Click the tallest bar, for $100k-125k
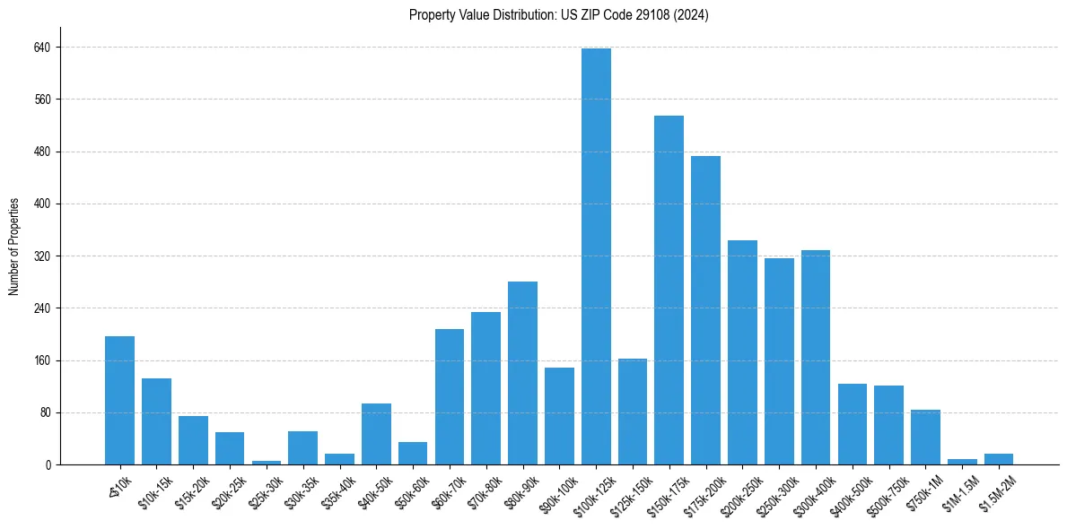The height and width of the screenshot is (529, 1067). tap(596, 256)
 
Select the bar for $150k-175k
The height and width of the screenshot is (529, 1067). tap(669, 291)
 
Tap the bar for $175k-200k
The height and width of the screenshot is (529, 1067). tap(705, 310)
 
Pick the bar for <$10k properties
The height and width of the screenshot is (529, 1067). tap(119, 401)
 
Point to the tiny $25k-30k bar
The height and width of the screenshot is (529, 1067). tap(267, 462)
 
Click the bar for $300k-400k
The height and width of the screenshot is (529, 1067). tap(816, 358)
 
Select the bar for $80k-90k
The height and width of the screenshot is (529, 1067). tap(522, 373)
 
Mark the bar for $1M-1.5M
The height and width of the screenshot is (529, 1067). tap(962, 461)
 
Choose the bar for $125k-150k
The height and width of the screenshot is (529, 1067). tap(633, 412)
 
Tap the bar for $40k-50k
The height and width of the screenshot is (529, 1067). tap(376, 434)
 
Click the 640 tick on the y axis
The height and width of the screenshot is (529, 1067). tap(41, 47)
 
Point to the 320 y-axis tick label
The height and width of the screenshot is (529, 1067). tap(41, 256)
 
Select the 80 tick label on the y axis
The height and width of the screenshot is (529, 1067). tap(44, 413)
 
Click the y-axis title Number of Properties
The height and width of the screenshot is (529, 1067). tap(14, 246)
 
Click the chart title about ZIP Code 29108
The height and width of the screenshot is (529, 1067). tap(558, 15)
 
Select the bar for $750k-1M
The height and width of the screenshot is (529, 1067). tap(925, 438)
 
